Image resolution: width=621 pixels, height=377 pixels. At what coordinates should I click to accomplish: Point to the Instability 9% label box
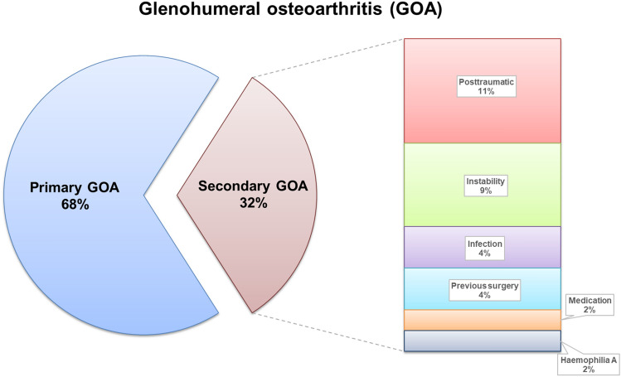[x=482, y=184]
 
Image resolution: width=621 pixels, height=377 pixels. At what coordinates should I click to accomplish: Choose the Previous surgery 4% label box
[x=482, y=290]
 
